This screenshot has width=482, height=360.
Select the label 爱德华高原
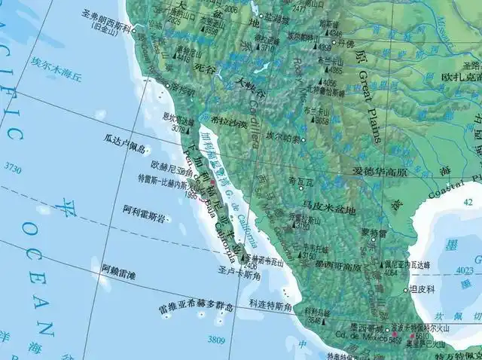[x=380, y=172]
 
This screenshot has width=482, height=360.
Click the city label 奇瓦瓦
[x=300, y=181]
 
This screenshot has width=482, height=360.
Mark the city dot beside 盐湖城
[x=262, y=15]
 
